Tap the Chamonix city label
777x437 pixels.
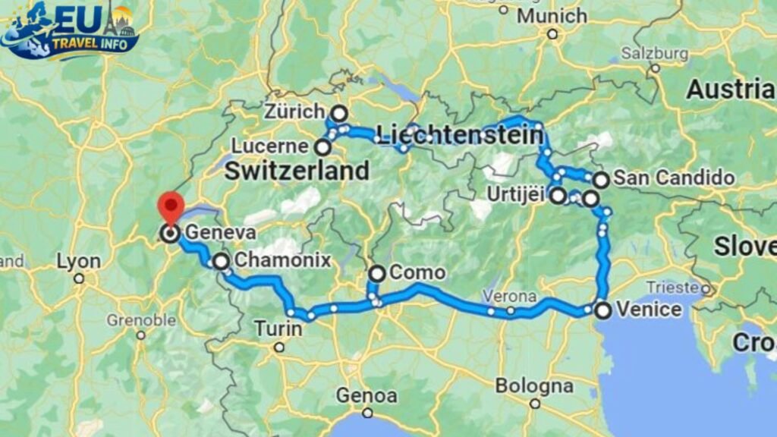point(282,261)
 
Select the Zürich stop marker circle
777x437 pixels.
point(339,114)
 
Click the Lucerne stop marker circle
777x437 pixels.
point(323,146)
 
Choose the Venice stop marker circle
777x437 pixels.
point(602,310)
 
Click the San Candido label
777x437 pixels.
point(674,178)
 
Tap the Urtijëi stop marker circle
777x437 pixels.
point(558,196)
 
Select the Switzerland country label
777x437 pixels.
point(297,171)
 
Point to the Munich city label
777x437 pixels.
point(552,15)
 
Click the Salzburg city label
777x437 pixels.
point(654,53)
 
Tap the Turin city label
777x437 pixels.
point(277,329)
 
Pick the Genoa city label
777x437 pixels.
point(366,395)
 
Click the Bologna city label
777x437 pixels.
point(535,385)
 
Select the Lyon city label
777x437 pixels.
point(78,262)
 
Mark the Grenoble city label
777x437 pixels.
point(141,319)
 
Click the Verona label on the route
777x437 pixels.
point(509,296)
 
